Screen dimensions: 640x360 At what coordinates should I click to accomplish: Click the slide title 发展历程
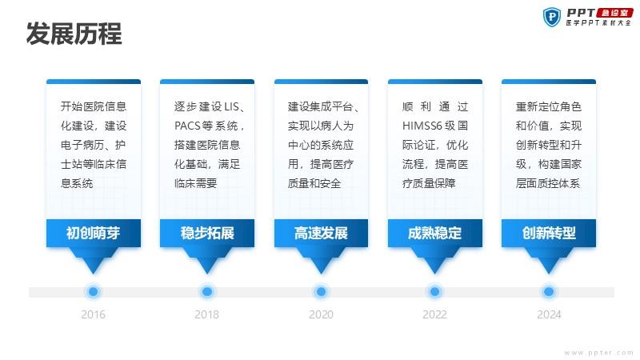(74, 34)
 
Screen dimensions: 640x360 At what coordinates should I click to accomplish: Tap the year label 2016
(93, 314)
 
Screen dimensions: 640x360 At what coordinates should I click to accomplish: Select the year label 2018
(206, 314)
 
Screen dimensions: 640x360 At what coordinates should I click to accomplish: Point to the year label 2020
(321, 314)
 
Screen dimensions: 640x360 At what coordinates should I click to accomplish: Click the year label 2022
(434, 314)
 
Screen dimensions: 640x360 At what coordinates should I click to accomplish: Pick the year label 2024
(549, 314)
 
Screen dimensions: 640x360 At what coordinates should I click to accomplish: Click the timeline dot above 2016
(93, 291)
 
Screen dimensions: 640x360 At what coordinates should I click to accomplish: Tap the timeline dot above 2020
(321, 291)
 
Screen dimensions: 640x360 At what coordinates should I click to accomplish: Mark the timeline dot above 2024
(549, 291)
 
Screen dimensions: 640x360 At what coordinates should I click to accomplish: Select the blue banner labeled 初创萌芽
(94, 233)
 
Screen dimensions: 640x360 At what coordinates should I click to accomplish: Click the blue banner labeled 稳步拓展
(207, 233)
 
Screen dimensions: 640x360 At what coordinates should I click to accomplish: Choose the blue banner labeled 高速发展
(321, 233)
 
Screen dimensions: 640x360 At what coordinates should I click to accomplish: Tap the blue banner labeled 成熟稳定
(434, 233)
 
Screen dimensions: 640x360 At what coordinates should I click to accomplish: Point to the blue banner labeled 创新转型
(549, 233)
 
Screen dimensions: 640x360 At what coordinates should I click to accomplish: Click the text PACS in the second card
(186, 126)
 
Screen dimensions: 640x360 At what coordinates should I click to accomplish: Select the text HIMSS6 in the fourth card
(422, 126)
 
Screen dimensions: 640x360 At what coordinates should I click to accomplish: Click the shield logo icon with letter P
(552, 17)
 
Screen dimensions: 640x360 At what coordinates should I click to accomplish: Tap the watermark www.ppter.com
(598, 353)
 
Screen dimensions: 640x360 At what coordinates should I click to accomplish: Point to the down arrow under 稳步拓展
(207, 261)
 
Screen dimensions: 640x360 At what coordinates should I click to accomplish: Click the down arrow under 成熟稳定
(434, 261)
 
